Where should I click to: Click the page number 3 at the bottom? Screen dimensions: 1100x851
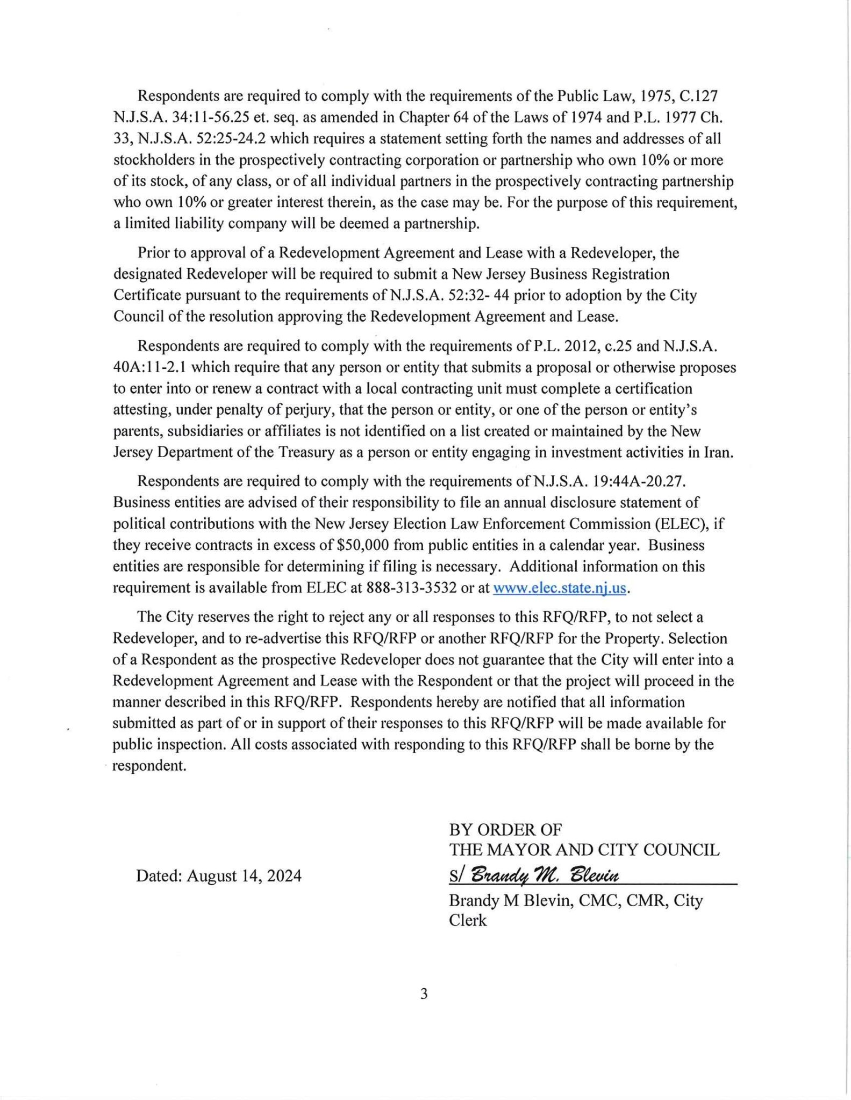424,994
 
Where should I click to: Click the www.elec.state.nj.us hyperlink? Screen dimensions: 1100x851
559,588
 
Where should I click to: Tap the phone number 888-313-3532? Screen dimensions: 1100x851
411,588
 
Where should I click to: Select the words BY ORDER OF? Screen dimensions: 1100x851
505,830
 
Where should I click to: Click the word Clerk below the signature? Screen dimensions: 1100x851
468,920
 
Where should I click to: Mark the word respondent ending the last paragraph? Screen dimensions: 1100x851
149,765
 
